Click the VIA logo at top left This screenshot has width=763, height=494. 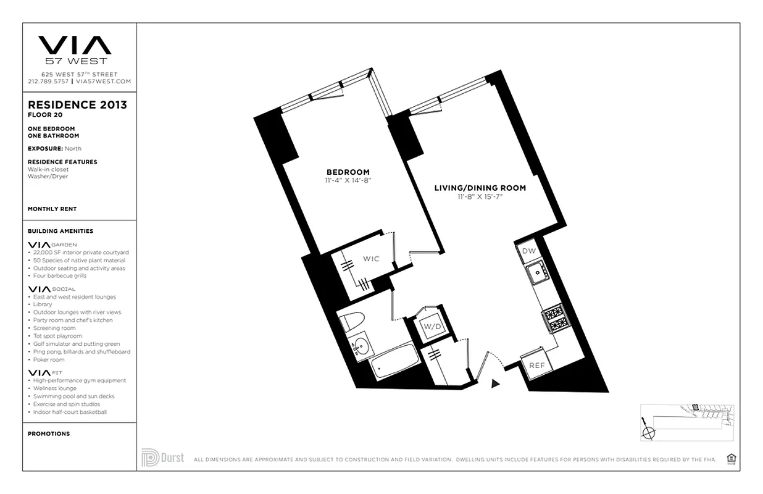75,46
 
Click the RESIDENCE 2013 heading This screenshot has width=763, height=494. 77,105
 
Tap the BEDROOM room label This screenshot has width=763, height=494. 348,172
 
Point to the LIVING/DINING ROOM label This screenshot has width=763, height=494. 480,188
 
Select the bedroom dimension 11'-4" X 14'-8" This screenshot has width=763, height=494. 348,180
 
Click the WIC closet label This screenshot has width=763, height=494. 370,259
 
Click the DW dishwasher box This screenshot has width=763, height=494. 529,251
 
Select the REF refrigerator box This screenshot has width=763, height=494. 536,365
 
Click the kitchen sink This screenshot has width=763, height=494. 537,272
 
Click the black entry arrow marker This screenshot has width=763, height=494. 495,383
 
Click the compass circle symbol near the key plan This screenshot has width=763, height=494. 648,432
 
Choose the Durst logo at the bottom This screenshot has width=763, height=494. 162,458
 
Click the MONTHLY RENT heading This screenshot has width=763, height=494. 52,209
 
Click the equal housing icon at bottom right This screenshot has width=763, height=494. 732,458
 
